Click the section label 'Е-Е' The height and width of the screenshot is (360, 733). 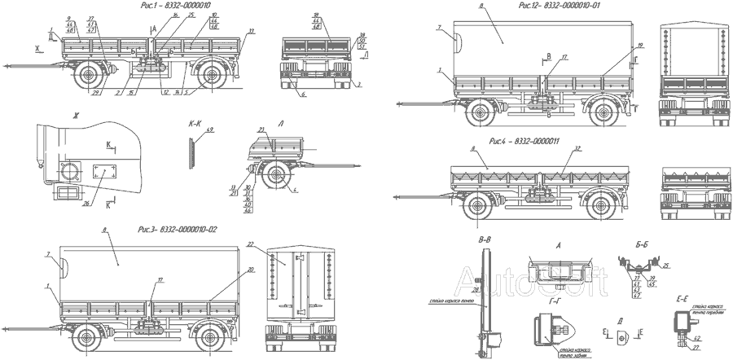683,301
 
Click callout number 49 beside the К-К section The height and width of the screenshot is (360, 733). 210,130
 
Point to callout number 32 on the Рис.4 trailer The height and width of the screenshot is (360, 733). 577,148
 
